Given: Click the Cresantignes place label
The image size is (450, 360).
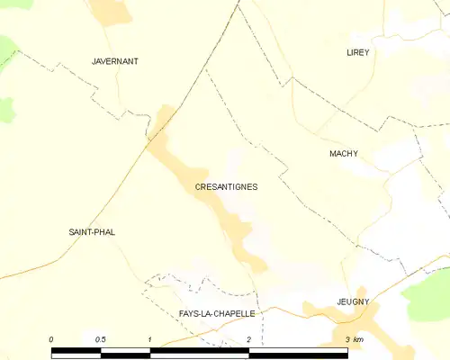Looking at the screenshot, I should pos(226,187).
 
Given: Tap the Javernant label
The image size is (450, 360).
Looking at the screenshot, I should pos(115,61).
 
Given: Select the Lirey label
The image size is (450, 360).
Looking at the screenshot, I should pos(358,53).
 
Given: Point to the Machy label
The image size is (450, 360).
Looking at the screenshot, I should pos(344,154).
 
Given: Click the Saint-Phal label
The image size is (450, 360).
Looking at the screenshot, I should pos(92,232).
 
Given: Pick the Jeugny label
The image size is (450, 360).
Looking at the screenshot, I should pos(353,301).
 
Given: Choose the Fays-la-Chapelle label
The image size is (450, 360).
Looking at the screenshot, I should pos(217,313).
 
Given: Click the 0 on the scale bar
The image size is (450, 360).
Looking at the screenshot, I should pos(51,339).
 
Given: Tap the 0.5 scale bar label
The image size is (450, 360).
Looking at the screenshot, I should pos(101,339).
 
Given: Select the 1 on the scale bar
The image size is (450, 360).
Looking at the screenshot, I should pos(150,339).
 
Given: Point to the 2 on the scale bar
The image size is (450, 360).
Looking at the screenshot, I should pos(248,339).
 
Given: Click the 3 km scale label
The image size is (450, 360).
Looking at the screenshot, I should pos(353,339).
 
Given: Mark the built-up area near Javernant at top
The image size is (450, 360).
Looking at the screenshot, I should pos(110,10).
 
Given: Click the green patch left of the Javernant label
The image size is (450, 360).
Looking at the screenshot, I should pos(7,49).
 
